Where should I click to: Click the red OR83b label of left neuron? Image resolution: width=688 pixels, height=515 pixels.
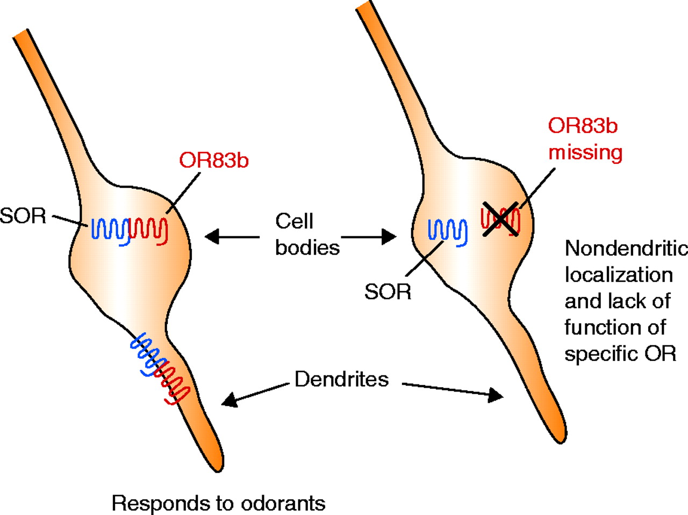click(x=214, y=161)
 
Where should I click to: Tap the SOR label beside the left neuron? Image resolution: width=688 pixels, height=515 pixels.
click(x=23, y=216)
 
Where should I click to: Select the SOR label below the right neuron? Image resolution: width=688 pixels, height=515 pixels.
click(x=388, y=292)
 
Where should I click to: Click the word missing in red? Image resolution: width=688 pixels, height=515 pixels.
click(x=585, y=153)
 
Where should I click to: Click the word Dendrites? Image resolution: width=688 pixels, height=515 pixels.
click(x=341, y=379)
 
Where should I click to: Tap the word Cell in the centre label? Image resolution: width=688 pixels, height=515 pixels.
click(x=294, y=221)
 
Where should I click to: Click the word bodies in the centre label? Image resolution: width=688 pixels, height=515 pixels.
click(x=307, y=247)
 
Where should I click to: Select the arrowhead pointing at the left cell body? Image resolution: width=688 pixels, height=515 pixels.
click(x=211, y=236)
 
